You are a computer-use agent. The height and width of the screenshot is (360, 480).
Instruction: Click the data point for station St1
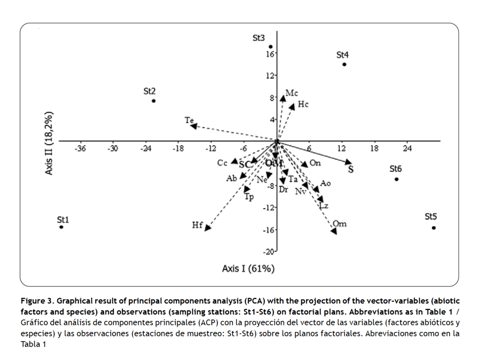(x=61, y=227)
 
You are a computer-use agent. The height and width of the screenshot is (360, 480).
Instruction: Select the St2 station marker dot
(x=154, y=101)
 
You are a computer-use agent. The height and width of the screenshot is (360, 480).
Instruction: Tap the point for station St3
(x=270, y=47)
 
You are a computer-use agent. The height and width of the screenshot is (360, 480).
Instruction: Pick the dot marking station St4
(x=344, y=64)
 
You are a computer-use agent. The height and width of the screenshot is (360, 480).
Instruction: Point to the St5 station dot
(x=434, y=228)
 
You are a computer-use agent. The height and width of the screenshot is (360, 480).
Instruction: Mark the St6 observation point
(x=397, y=179)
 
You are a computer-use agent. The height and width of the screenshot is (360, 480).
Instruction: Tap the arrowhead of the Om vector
(x=334, y=232)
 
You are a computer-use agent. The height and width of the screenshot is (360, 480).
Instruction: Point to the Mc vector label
(x=292, y=93)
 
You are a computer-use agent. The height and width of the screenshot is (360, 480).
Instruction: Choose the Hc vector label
(x=303, y=105)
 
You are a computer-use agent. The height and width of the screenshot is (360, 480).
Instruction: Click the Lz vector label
(x=323, y=206)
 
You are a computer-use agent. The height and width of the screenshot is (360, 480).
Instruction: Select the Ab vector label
(x=232, y=178)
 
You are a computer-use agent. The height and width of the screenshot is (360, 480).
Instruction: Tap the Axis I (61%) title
(x=248, y=269)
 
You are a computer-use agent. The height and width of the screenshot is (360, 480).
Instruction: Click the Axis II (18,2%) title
(x=49, y=143)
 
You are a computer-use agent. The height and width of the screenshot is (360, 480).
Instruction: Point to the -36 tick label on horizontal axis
(x=81, y=149)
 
